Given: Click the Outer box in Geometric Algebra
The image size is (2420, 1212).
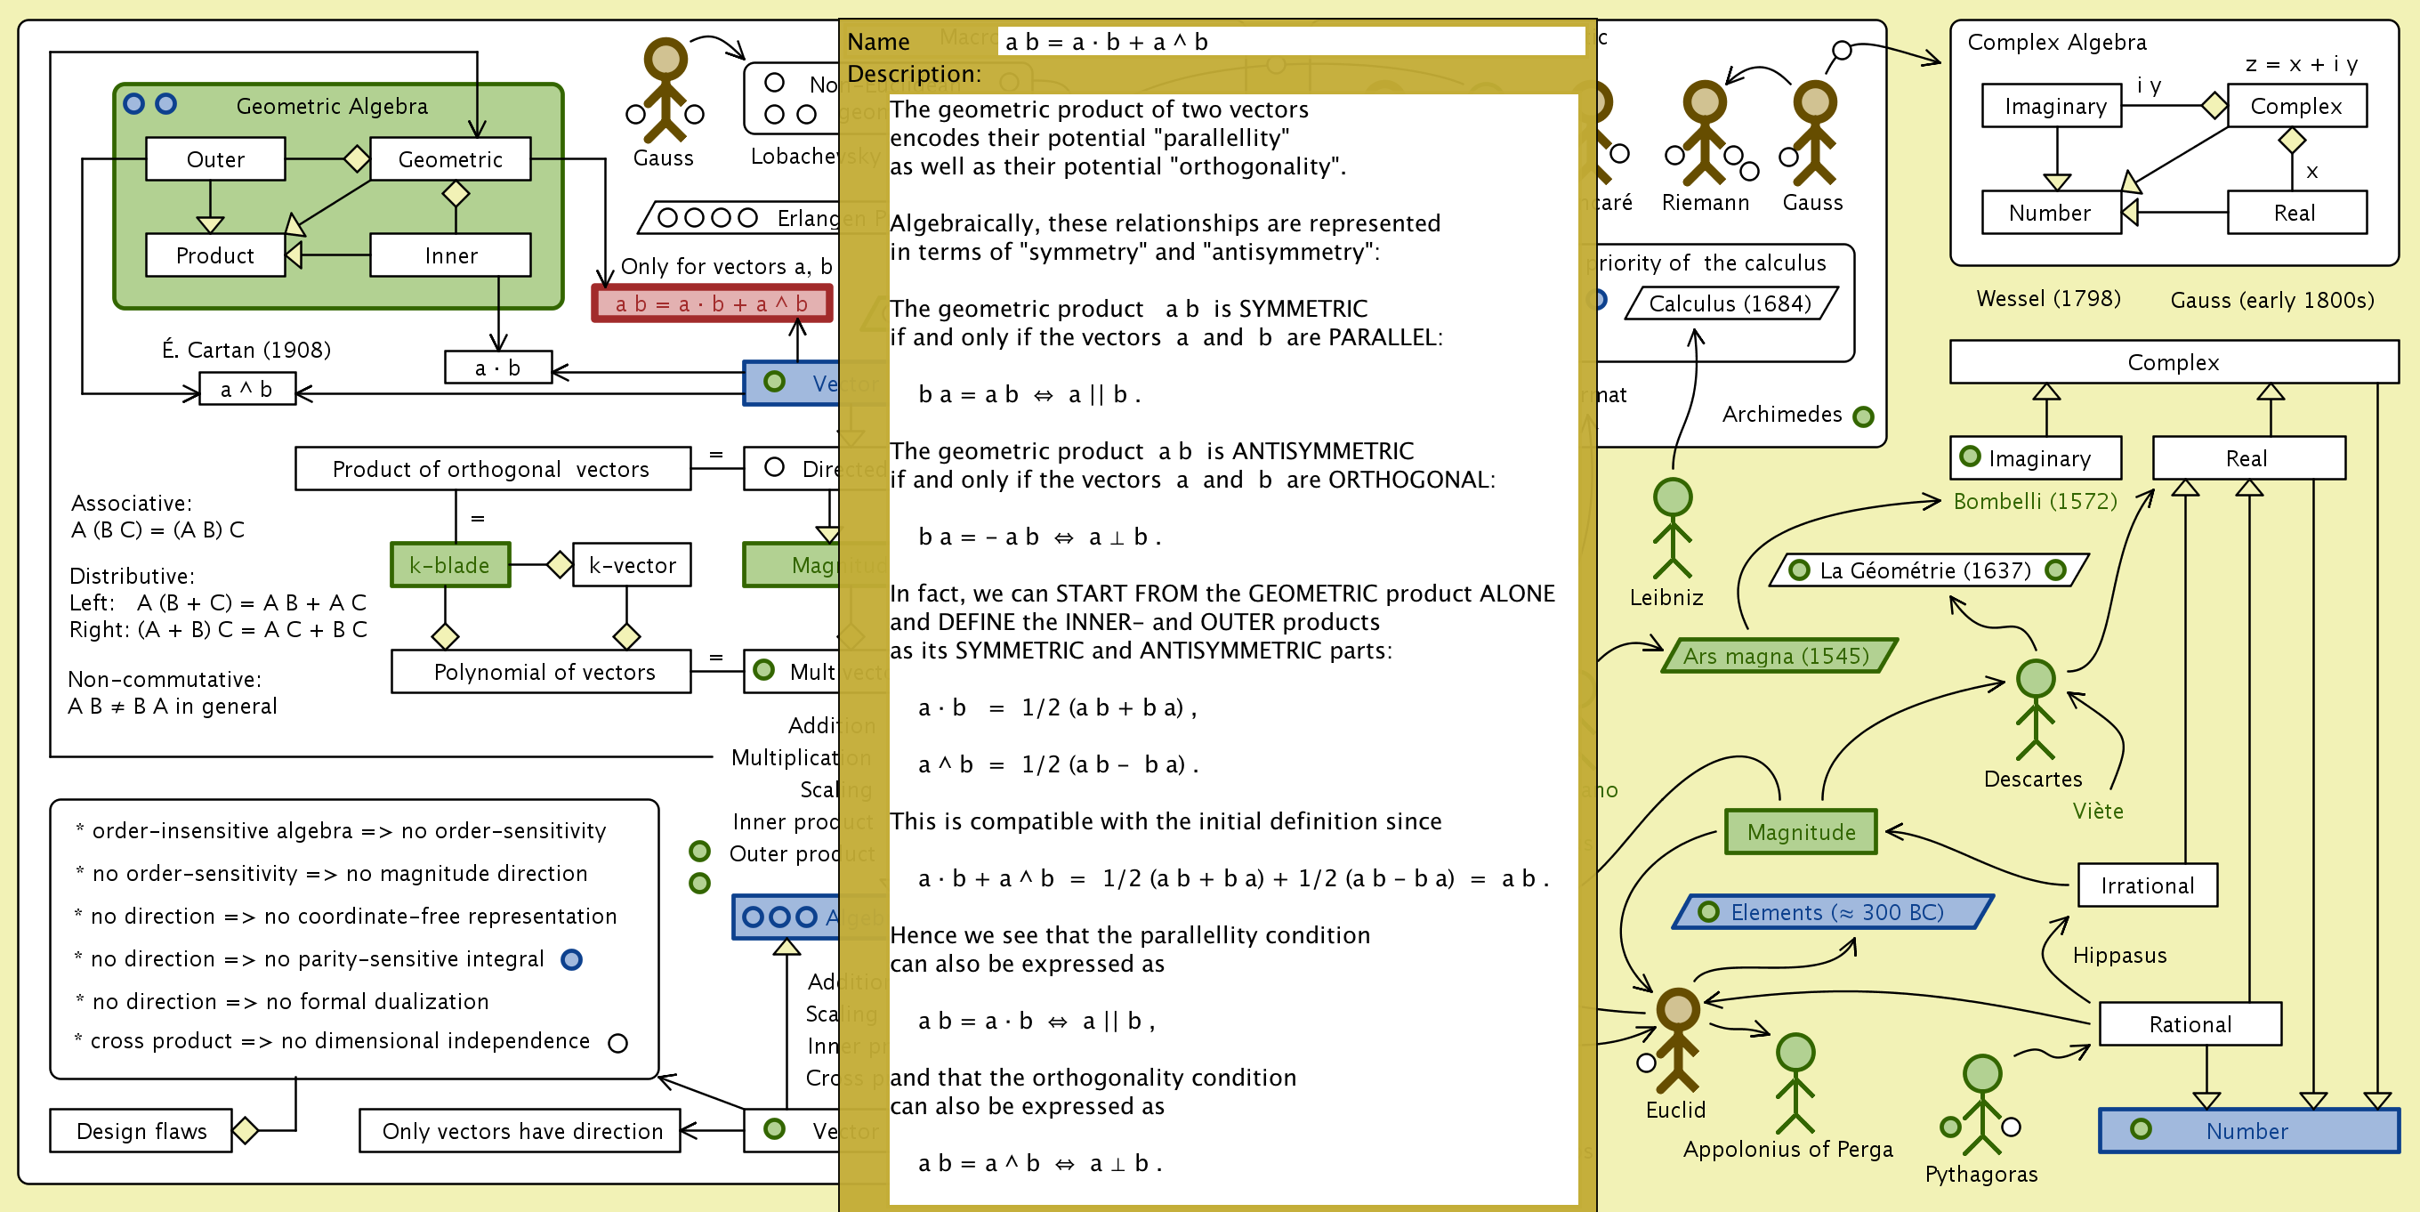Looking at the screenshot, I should pyautogui.click(x=215, y=158).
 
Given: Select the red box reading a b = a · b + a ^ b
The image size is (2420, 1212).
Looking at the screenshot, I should pyautogui.click(x=711, y=303).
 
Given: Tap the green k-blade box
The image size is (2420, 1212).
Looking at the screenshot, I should pyautogui.click(x=450, y=565).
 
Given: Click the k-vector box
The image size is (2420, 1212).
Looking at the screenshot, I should pyautogui.click(x=632, y=565).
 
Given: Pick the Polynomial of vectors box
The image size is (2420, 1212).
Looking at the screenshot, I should pyautogui.click(x=541, y=672).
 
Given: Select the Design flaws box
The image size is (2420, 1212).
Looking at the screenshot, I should pyautogui.click(x=141, y=1130).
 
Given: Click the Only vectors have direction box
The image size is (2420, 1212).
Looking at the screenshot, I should pyautogui.click(x=520, y=1130).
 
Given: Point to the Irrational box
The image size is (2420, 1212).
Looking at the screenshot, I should pyautogui.click(x=2147, y=885).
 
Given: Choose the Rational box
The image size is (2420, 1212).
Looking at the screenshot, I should pyautogui.click(x=2189, y=1023).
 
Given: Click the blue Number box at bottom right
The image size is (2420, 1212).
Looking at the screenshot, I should pyautogui.click(x=2247, y=1130).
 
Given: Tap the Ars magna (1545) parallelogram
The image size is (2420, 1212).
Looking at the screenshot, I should pyautogui.click(x=1778, y=656).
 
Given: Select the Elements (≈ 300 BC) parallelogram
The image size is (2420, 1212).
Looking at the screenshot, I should pyautogui.click(x=1834, y=911).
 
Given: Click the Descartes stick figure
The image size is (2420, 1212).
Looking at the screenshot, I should pyautogui.click(x=2035, y=709).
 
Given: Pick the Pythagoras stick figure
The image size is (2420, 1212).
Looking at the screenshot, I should pyautogui.click(x=1982, y=1104).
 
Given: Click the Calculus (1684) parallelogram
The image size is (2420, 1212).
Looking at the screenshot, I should pyautogui.click(x=1730, y=303).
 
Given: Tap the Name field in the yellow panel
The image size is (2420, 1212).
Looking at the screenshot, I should pyautogui.click(x=1292, y=41).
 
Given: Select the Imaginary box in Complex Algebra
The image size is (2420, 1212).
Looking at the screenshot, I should pyautogui.click(x=2053, y=106).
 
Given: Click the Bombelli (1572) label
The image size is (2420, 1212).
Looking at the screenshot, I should pyautogui.click(x=2035, y=501).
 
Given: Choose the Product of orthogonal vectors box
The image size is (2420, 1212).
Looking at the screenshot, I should pyautogui.click(x=492, y=468).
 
